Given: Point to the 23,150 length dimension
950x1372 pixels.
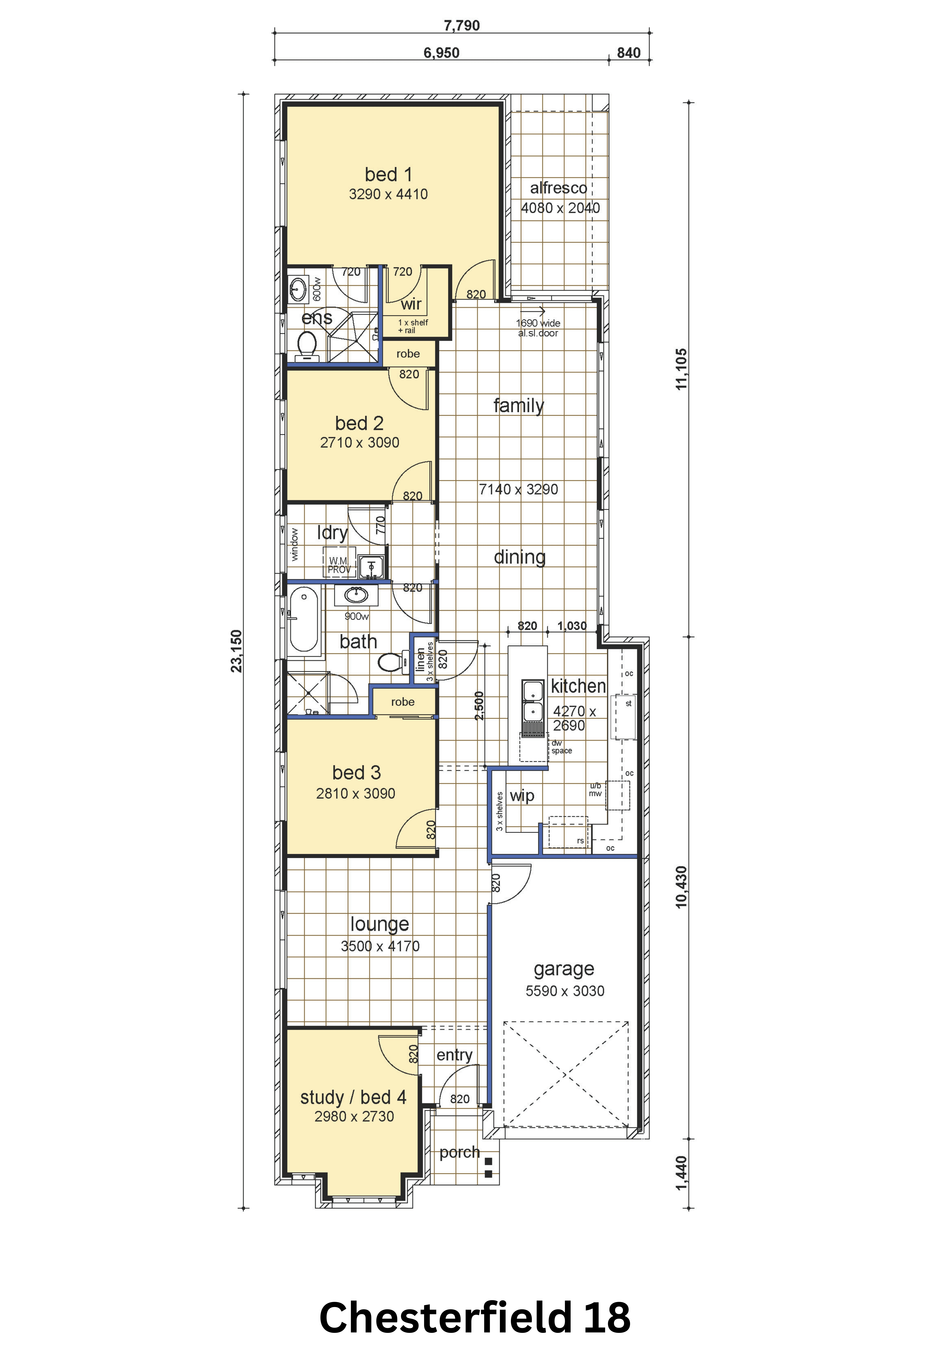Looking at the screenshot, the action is click(237, 651).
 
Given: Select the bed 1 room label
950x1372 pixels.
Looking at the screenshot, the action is click(388, 174).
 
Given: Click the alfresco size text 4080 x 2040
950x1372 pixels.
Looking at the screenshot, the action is click(560, 208).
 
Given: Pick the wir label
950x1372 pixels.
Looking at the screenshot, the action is click(411, 304).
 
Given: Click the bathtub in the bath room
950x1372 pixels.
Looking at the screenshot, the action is click(303, 619).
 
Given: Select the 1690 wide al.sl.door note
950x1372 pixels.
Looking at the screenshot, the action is click(538, 328).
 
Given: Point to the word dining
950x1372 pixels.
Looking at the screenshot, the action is click(520, 557).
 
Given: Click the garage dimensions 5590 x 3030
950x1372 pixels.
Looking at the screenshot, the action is click(565, 990).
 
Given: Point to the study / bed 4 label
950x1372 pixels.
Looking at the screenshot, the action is click(354, 1097).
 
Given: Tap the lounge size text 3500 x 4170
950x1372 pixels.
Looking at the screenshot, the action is click(380, 946).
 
